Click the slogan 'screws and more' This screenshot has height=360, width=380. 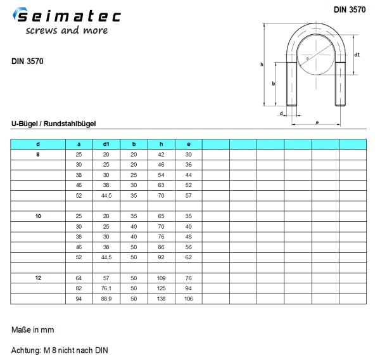[x=67, y=30]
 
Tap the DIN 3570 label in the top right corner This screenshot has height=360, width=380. [x=350, y=10]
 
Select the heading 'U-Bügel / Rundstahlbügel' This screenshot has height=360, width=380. [x=54, y=124]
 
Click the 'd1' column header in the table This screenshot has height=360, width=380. [x=106, y=144]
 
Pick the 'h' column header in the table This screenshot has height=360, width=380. [x=161, y=144]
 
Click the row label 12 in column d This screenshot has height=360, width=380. [x=38, y=278]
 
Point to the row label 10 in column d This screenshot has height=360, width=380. [x=38, y=216]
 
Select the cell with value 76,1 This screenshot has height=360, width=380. [x=106, y=288]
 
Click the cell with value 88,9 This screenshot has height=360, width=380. [x=106, y=299]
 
